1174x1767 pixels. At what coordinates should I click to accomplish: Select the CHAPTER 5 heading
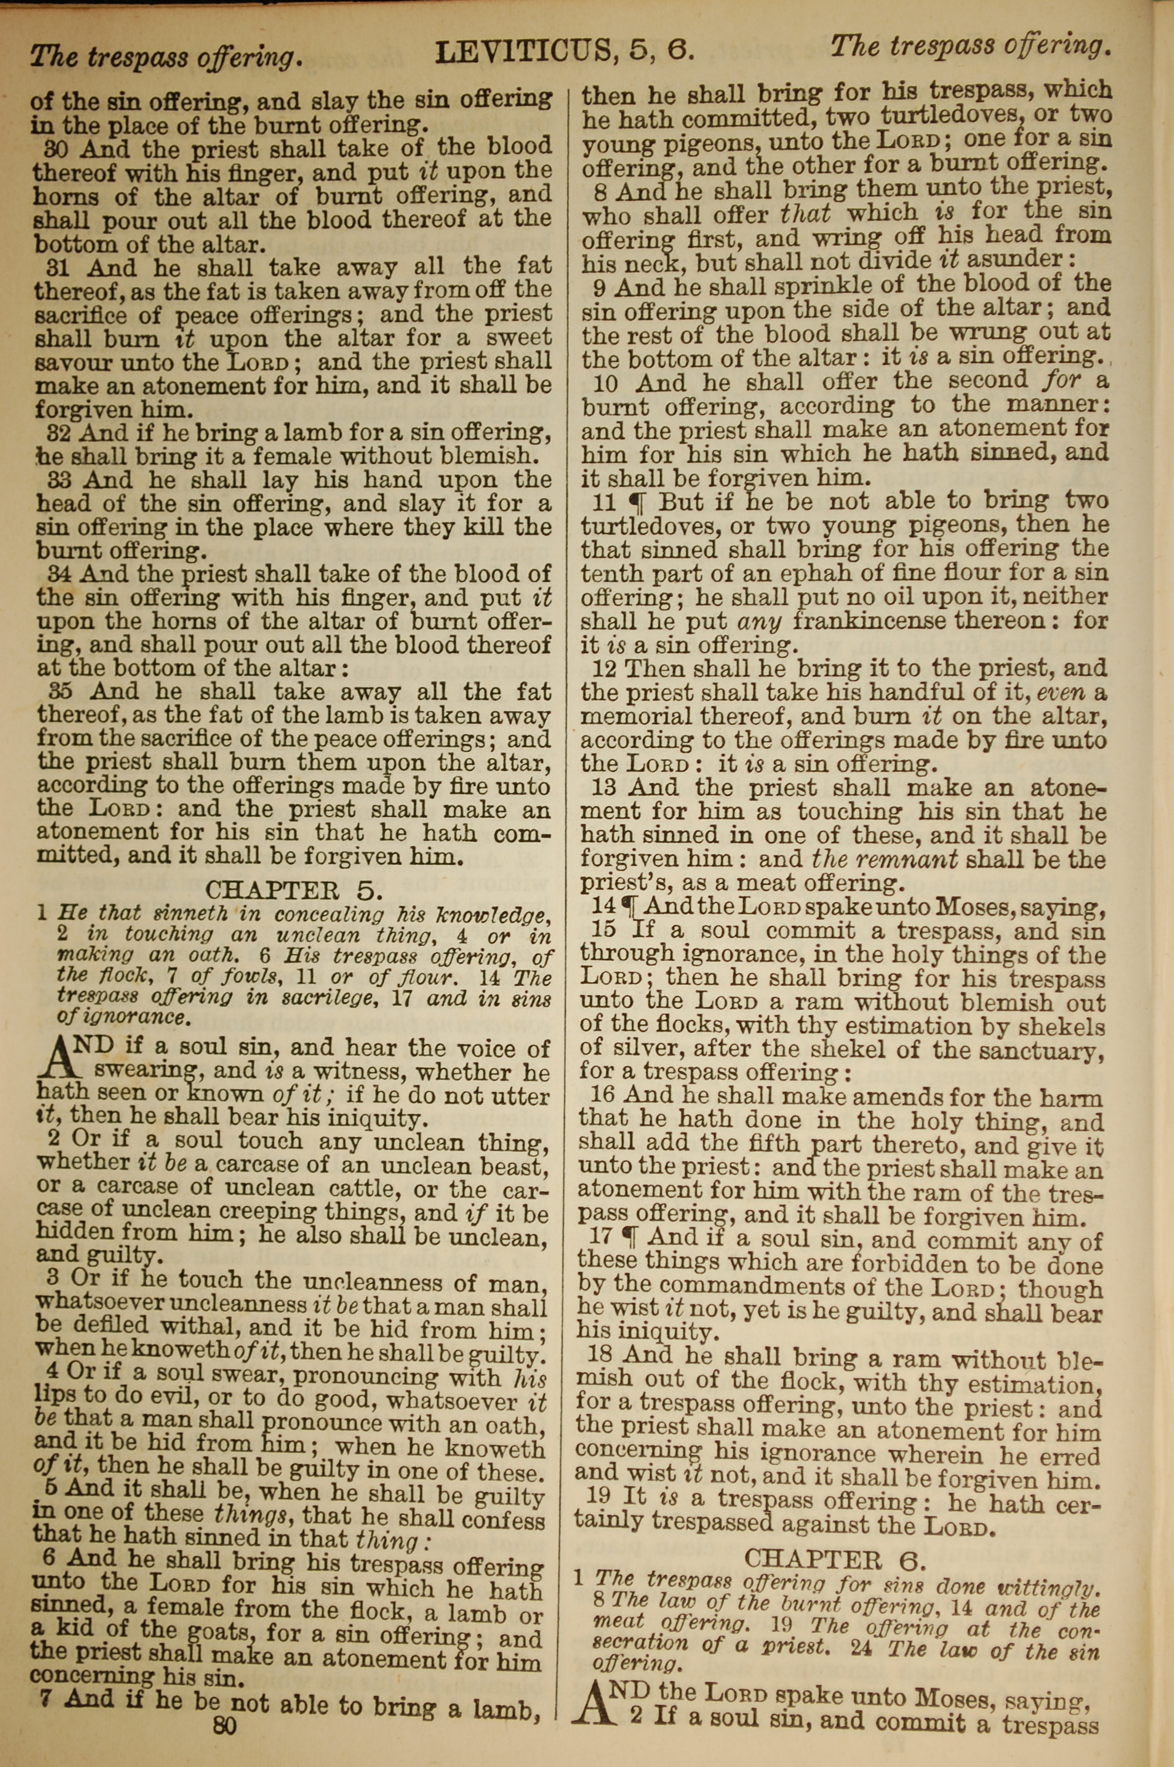[x=294, y=889]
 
